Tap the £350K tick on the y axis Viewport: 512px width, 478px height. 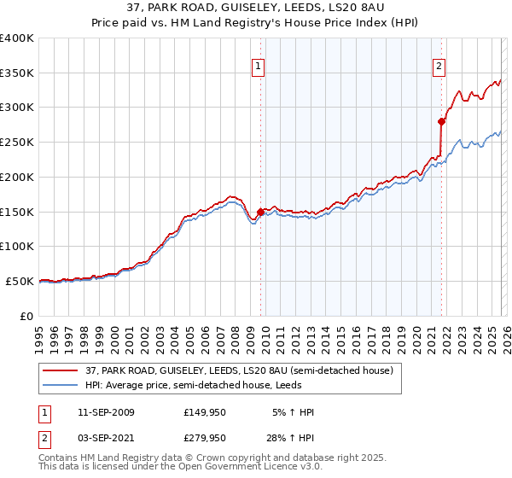(x=17, y=73)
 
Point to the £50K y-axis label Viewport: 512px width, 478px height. (x=20, y=281)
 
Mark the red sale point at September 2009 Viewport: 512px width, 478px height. (x=260, y=212)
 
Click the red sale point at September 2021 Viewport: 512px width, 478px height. (x=441, y=121)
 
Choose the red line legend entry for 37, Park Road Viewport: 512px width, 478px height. (x=238, y=370)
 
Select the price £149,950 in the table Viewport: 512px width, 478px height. (x=205, y=412)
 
